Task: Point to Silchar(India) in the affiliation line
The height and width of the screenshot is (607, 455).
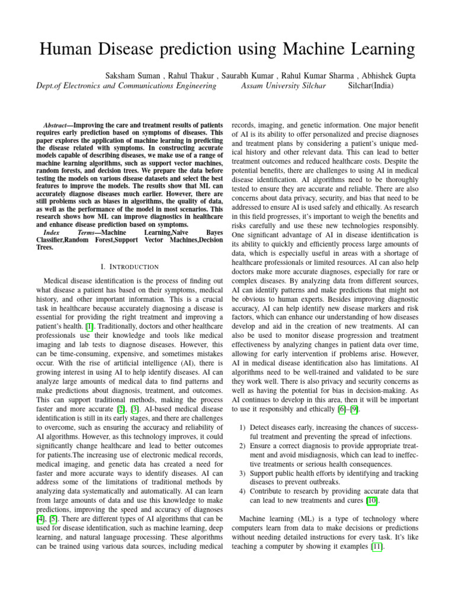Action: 370,86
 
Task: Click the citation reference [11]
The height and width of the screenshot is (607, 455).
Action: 376,547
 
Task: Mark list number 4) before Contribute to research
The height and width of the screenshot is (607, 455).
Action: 243,491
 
